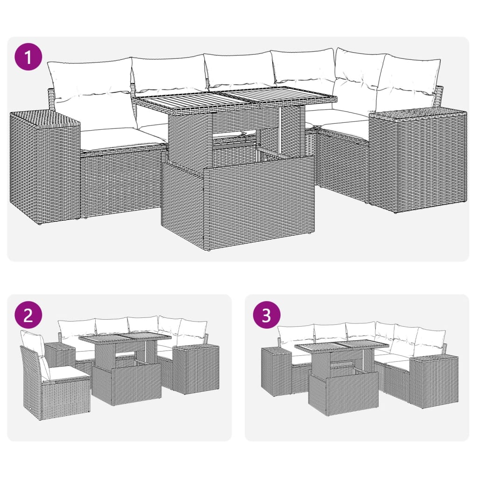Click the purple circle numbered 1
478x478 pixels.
(28, 57)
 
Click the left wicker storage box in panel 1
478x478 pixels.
(44, 166)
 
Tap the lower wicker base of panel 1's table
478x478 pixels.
(238, 205)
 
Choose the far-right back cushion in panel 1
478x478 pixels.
(408, 79)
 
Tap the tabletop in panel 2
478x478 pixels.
(125, 338)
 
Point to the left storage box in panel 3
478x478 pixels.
(275, 371)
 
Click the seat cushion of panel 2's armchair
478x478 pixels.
(68, 372)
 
